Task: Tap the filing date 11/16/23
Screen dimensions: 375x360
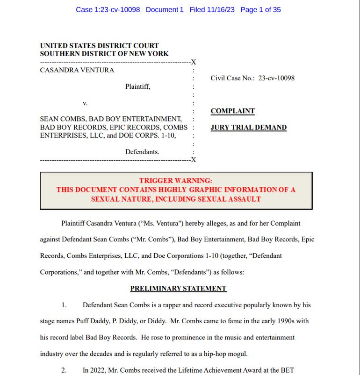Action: [220, 10]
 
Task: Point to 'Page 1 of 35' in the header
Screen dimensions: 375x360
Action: [260, 10]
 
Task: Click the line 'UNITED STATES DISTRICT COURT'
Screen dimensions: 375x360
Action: [99, 46]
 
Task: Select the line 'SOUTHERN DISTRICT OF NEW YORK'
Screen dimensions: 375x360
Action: [104, 54]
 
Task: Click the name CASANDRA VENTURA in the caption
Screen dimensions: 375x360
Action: [77, 71]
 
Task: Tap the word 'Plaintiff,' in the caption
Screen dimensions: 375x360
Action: [137, 86]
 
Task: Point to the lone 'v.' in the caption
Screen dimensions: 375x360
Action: [85, 103]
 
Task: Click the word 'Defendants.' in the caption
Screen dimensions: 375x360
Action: [142, 152]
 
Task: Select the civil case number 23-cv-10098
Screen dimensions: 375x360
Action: [276, 78]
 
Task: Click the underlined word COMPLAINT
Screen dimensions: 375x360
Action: [232, 111]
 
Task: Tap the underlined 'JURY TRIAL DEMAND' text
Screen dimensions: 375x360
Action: [248, 127]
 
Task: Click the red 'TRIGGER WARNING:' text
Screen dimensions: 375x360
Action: [176, 181]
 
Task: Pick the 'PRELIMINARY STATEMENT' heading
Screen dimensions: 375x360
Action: [178, 289]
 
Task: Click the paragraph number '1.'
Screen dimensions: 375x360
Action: [64, 305]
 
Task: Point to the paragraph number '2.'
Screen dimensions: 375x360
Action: [64, 370]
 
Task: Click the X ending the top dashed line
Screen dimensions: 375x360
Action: [194, 62]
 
